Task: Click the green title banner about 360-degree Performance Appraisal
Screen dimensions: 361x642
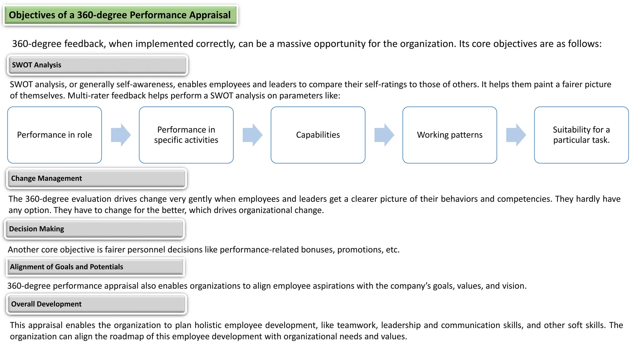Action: click(x=120, y=15)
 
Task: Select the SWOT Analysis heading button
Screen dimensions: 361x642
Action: click(x=97, y=65)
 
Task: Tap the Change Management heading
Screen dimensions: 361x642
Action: click(x=96, y=178)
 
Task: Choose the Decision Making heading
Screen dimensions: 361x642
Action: click(x=94, y=229)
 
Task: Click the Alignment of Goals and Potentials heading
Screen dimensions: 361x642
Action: click(x=95, y=267)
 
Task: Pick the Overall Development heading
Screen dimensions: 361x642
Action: click(x=96, y=304)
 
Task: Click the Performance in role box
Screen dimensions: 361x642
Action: click(x=55, y=135)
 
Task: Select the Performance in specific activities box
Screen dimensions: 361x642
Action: click(x=186, y=135)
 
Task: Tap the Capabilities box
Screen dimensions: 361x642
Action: click(x=318, y=135)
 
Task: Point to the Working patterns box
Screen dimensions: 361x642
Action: click(x=450, y=135)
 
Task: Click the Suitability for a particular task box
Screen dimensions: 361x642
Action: click(x=581, y=135)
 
